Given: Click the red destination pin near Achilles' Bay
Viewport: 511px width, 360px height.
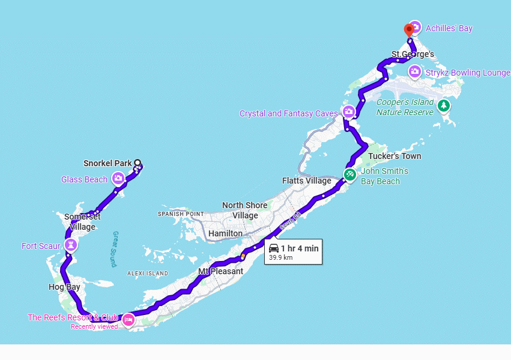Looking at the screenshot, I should (409, 29).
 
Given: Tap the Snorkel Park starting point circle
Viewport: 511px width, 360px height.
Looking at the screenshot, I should (138, 163).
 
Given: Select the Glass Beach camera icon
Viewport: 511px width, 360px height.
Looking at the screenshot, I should (118, 178).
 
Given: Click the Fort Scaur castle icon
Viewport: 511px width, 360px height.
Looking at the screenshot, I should (71, 245).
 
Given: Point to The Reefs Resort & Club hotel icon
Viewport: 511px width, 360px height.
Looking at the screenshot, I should (127, 320).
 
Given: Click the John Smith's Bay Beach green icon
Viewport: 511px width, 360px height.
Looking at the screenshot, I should (349, 175).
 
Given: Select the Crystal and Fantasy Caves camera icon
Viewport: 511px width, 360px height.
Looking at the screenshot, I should (349, 112).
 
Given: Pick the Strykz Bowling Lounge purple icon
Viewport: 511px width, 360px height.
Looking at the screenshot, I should (414, 73).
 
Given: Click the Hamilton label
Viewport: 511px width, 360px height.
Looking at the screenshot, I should (225, 233).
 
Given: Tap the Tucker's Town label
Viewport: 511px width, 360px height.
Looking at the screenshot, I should (395, 157).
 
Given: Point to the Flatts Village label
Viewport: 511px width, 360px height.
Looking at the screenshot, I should (306, 181).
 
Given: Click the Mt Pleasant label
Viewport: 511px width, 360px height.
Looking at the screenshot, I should (220, 271).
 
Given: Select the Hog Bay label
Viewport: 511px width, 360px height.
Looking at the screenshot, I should (64, 287).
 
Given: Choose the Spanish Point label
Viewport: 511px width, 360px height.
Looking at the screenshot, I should (181, 214).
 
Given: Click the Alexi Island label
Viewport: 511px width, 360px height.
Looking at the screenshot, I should (148, 274).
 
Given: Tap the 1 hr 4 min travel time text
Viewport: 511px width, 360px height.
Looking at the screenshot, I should (299, 248).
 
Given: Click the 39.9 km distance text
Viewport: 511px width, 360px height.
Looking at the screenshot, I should (280, 257).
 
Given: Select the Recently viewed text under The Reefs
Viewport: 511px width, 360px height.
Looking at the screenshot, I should (94, 327).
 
